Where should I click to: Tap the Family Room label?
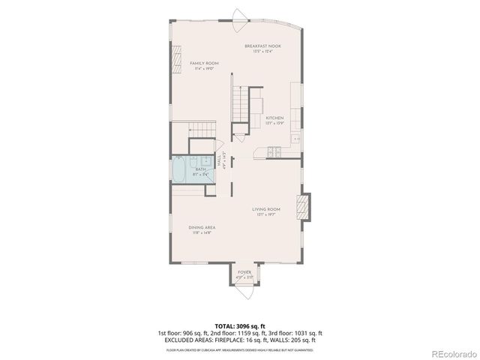[x=204, y=63]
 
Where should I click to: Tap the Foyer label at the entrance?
[x=244, y=271]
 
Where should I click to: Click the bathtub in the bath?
[x=180, y=169]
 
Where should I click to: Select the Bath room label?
[x=201, y=170]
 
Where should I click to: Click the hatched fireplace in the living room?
[x=304, y=204]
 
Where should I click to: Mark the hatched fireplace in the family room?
[x=178, y=59]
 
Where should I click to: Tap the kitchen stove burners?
[x=274, y=151]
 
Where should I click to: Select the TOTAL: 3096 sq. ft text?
[x=239, y=325]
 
